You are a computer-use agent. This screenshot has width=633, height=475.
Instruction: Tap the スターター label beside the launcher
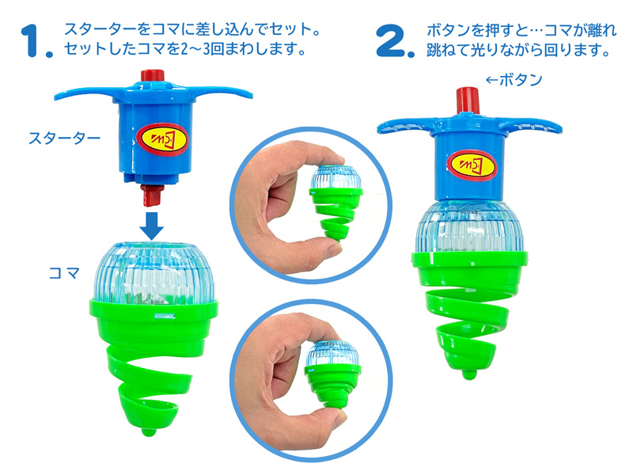[x=64, y=138]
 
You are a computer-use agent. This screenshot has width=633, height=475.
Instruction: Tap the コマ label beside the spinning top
[x=64, y=273]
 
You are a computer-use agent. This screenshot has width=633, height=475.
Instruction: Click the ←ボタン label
[x=514, y=80]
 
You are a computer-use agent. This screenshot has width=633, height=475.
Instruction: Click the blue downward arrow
[x=152, y=225]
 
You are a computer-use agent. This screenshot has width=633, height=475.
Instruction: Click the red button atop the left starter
[x=153, y=75]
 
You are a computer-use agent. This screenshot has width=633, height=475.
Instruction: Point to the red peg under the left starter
[x=151, y=195]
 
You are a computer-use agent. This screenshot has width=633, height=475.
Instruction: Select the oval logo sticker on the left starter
[x=163, y=139]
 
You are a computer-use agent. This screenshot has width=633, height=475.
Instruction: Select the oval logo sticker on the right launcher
[x=472, y=165]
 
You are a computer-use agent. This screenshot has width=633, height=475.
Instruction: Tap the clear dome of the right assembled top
[x=469, y=227]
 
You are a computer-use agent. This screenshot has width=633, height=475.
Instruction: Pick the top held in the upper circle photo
[x=335, y=202]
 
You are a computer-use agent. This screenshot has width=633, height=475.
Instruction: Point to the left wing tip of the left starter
[x=55, y=97]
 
